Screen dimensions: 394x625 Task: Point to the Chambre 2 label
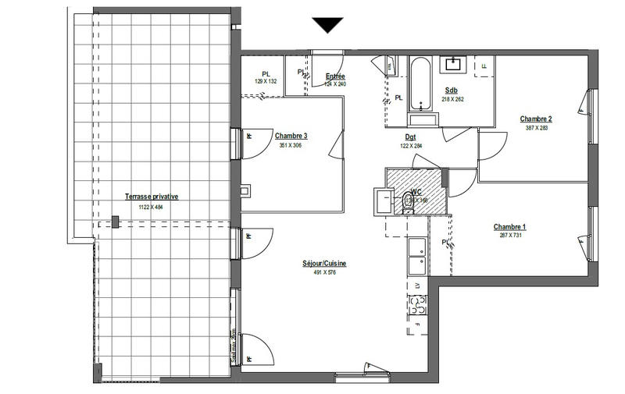pos(536,119)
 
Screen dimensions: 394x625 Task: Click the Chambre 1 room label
pos(509,227)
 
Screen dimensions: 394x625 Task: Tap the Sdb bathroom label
pos(452,90)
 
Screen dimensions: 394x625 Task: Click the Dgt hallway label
pos(411,137)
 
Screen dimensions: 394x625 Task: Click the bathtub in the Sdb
pos(421,86)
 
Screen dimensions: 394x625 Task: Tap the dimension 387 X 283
pos(537,128)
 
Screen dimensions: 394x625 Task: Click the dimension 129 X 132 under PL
pos(266,81)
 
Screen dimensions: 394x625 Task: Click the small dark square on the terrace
pos(116,223)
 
